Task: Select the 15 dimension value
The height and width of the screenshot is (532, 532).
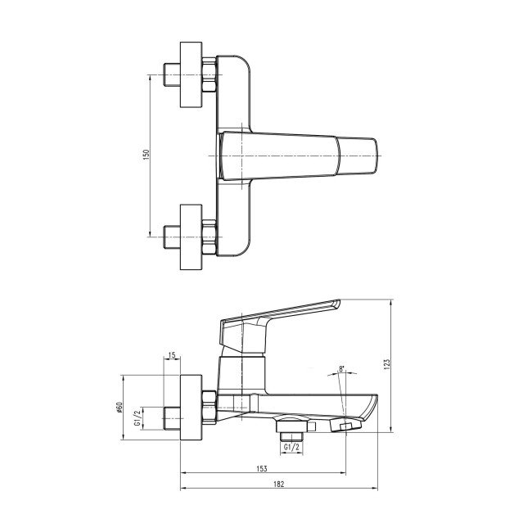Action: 171,354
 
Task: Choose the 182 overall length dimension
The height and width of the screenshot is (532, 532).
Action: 278,486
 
